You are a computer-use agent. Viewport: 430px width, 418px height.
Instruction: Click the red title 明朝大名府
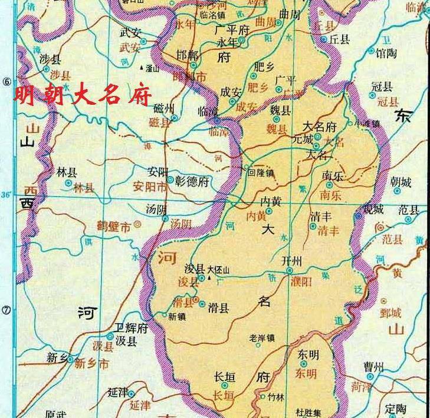click(x=83, y=95)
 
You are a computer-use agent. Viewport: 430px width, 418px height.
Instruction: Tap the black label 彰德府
click(x=192, y=181)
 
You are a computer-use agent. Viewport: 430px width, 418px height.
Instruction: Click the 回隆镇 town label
click(x=261, y=173)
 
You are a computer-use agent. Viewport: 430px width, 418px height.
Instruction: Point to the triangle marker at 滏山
click(x=140, y=68)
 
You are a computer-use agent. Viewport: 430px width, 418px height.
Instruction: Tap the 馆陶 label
click(x=387, y=54)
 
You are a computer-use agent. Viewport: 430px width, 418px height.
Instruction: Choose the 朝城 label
click(x=401, y=182)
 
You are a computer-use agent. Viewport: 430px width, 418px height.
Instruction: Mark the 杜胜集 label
click(x=309, y=412)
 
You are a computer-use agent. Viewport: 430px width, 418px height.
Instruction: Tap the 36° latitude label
click(x=7, y=195)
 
